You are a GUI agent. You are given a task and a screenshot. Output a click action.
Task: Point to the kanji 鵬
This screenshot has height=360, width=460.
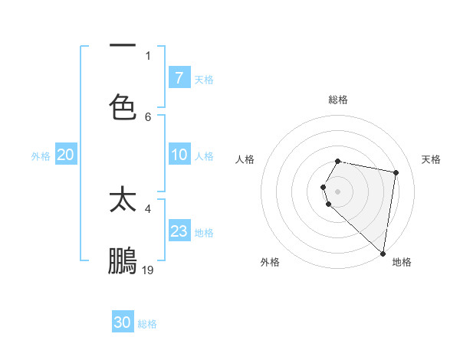pos(123,260)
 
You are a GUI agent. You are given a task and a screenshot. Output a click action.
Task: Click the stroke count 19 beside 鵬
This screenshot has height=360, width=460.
pos(148,270)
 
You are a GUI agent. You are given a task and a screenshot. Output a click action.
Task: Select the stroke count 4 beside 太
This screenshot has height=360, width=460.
pos(148,208)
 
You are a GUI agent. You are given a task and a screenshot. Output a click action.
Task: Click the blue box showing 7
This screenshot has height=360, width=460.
pos(179,78)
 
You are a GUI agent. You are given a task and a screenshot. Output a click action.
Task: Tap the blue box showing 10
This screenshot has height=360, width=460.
pos(179,155)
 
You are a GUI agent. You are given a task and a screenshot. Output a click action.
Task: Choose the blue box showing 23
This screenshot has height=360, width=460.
pos(179,231)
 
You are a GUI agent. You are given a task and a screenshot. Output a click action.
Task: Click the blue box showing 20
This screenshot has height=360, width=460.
pos(66,155)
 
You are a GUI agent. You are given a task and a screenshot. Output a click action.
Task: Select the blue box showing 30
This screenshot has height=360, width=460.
pos(123,322)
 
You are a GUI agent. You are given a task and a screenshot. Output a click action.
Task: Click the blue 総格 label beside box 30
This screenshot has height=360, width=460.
pos(148,324)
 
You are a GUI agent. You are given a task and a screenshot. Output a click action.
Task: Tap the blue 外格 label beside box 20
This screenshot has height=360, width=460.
pos(41,155)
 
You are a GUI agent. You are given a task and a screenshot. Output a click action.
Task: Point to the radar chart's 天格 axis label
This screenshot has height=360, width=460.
pos(431,159)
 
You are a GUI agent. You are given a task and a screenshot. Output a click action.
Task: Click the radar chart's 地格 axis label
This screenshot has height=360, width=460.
pos(402,262)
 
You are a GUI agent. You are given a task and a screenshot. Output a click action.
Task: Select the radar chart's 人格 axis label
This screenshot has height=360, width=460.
pos(245,159)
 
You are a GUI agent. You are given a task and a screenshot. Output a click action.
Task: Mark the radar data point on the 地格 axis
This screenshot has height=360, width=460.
pos(383,253)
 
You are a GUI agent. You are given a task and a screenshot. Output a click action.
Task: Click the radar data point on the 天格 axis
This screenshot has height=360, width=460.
pos(396,172)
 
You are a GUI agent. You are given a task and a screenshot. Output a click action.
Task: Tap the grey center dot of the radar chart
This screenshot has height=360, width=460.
pos(338,191)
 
